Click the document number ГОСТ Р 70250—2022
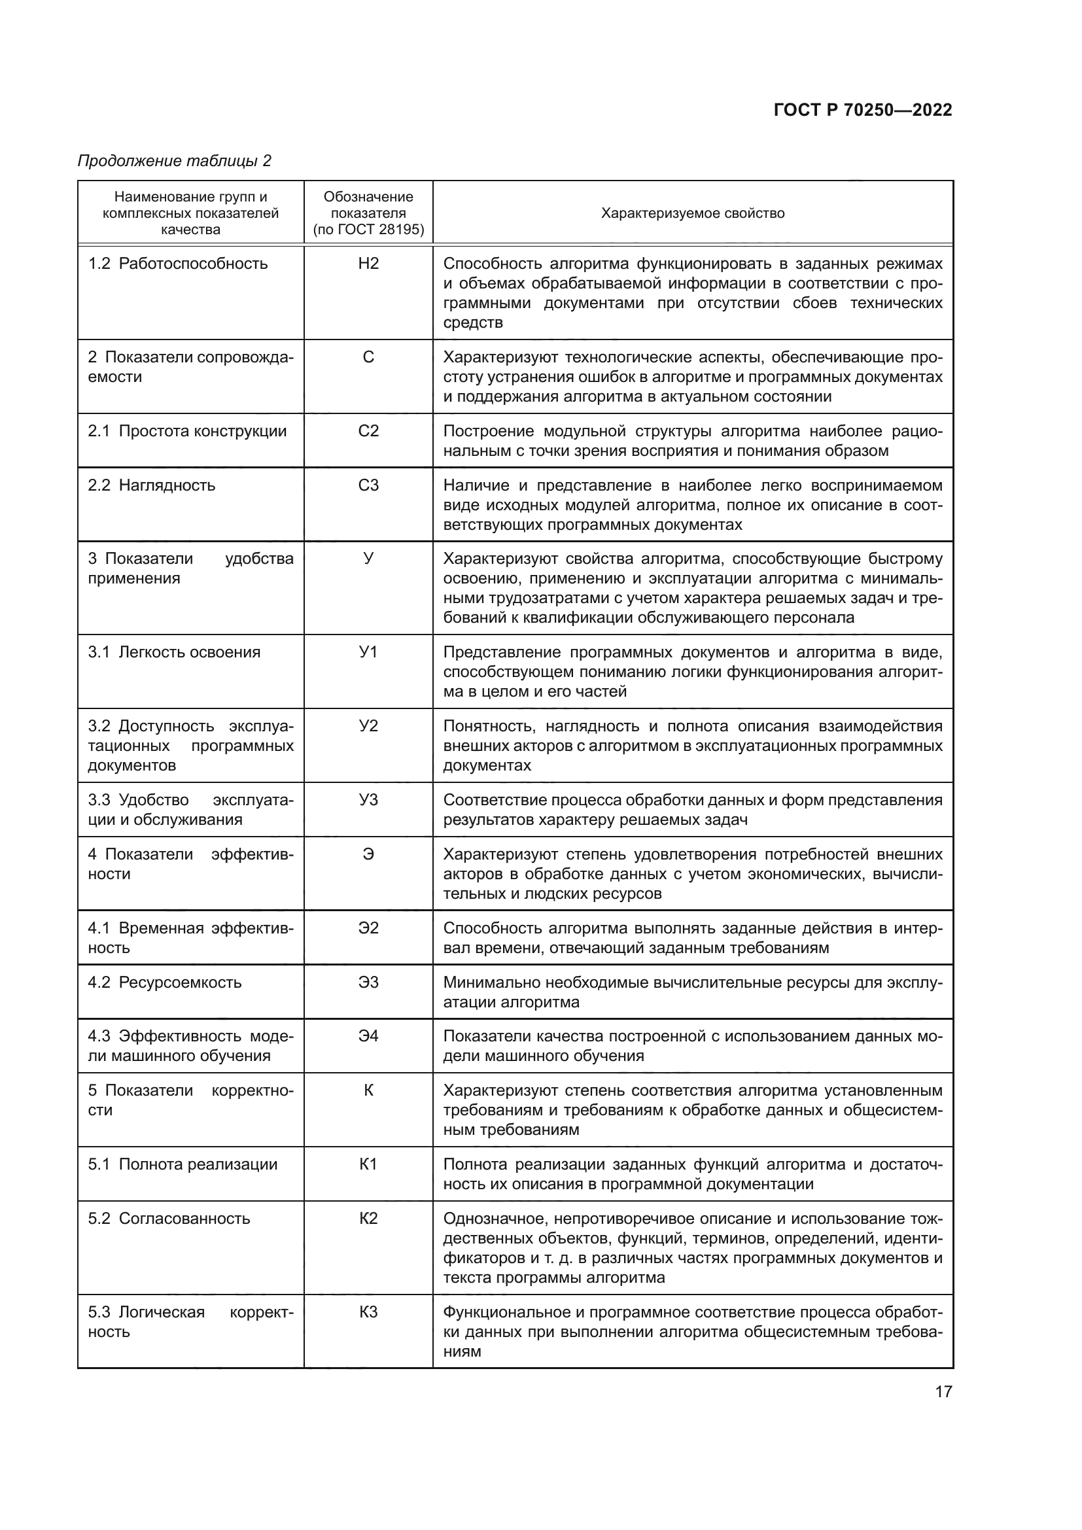(x=862, y=111)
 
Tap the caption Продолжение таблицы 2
(x=175, y=161)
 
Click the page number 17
(x=943, y=1391)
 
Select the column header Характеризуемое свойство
(x=692, y=213)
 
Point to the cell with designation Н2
(x=368, y=264)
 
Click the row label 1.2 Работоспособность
(x=178, y=264)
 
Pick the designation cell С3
(x=368, y=485)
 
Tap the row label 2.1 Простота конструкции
(x=187, y=431)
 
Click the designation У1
(x=368, y=652)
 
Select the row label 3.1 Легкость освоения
(x=174, y=652)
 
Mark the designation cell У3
(x=368, y=799)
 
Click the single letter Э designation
(x=368, y=854)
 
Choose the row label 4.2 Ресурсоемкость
(x=165, y=982)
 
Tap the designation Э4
(x=368, y=1036)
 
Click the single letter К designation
(x=368, y=1090)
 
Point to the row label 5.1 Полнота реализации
(x=183, y=1164)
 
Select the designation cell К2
(x=368, y=1218)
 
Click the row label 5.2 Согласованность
(x=169, y=1218)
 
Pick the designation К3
(x=368, y=1312)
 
